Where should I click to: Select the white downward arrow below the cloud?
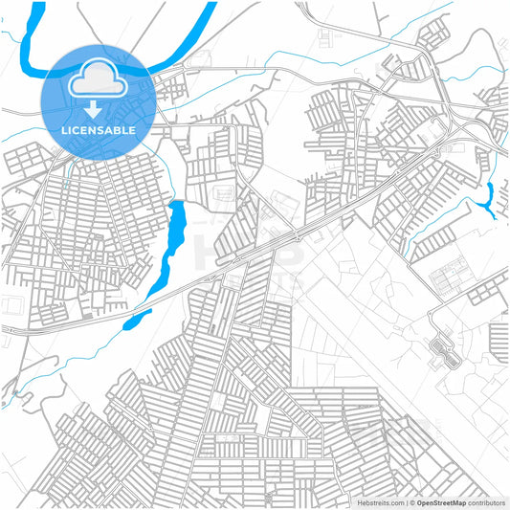click(x=94, y=107)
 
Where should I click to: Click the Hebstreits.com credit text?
click(x=380, y=502)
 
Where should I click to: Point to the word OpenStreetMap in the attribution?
click(x=441, y=502)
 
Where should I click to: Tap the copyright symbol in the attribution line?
click(x=411, y=502)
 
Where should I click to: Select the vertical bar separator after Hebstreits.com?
click(x=405, y=502)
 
